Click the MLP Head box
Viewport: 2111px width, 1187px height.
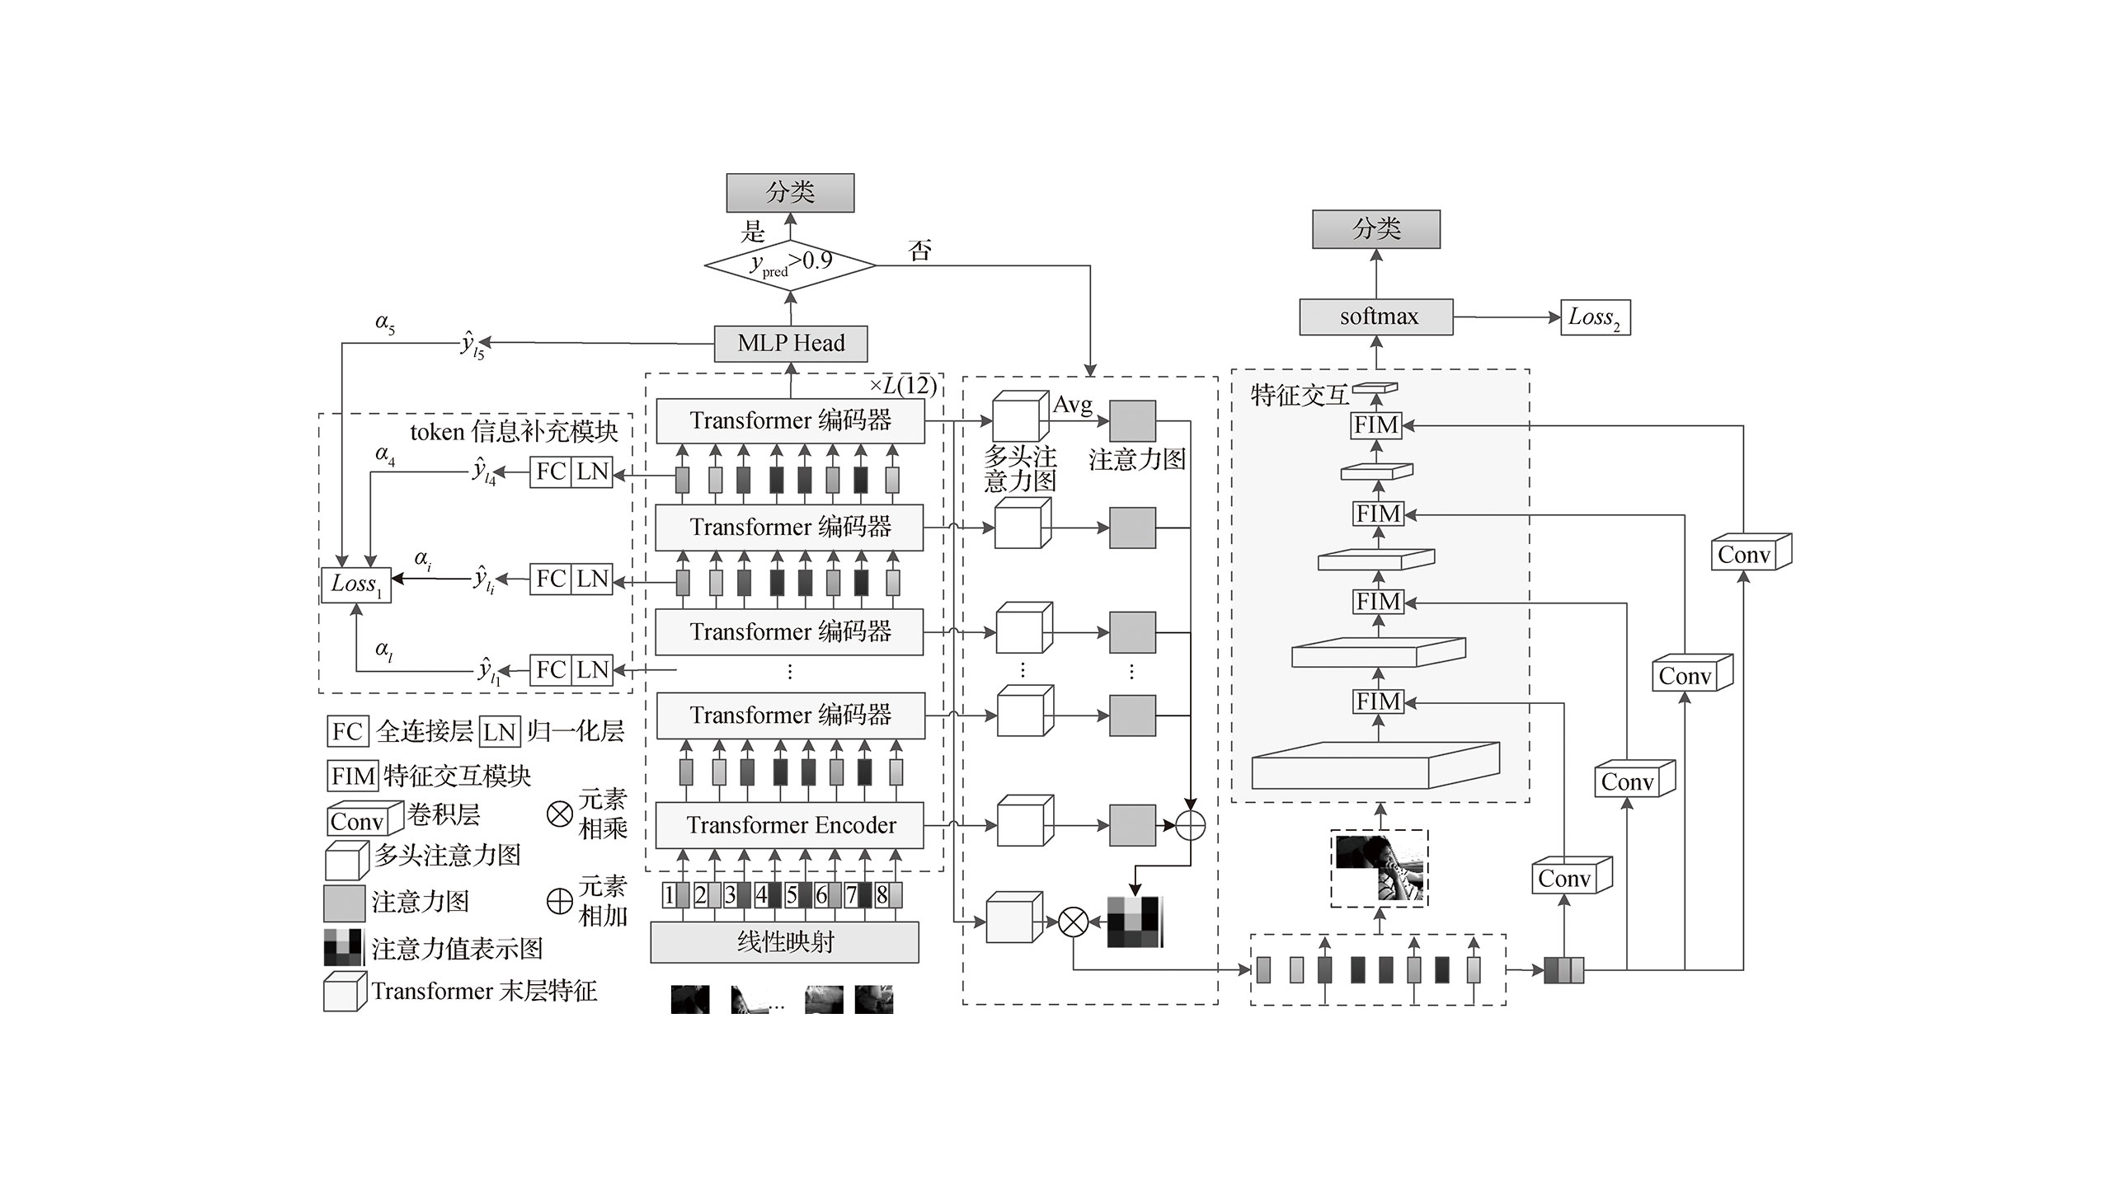coord(791,343)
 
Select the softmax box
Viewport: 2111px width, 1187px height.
coord(1376,317)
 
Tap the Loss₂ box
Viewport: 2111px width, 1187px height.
coord(1596,317)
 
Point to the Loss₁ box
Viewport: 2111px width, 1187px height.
coord(356,585)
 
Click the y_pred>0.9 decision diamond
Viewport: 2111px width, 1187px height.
coord(790,265)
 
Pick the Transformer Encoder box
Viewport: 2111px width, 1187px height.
coord(789,825)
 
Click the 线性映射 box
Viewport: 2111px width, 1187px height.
coord(784,942)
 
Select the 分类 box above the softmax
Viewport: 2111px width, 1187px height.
coord(1376,229)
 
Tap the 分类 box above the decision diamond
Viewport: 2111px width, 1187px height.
coord(790,193)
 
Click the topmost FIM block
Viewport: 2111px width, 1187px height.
coord(1376,425)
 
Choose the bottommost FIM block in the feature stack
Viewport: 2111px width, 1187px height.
coord(1377,701)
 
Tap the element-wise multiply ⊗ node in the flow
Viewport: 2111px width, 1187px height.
coord(1073,922)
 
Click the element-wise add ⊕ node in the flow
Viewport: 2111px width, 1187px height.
coord(1190,825)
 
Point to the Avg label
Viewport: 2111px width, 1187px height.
coord(1073,405)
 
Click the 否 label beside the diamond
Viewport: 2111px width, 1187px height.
coord(919,250)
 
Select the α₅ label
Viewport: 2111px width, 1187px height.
coord(385,324)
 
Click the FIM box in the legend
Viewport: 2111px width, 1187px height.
coord(353,776)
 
